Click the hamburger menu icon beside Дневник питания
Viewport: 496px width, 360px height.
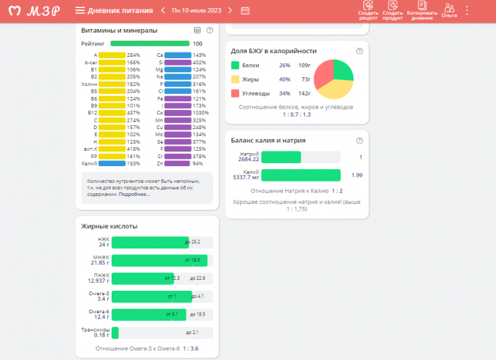point(80,10)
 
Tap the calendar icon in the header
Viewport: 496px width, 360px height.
point(245,10)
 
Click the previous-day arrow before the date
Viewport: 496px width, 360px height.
point(163,10)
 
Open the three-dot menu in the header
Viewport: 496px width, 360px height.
point(468,10)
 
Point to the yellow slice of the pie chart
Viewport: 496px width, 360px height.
point(332,89)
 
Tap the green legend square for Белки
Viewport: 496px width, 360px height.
point(235,66)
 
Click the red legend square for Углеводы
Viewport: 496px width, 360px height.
point(235,93)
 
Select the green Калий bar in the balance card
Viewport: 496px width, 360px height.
point(301,175)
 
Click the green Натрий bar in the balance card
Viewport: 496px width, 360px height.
point(281,157)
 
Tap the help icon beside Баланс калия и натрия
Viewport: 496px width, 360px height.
point(359,140)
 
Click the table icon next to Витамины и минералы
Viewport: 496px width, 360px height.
point(197,31)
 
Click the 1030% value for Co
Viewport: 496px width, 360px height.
point(201,113)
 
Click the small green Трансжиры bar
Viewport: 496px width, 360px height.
point(115,332)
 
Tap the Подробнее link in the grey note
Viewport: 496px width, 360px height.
point(136,195)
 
